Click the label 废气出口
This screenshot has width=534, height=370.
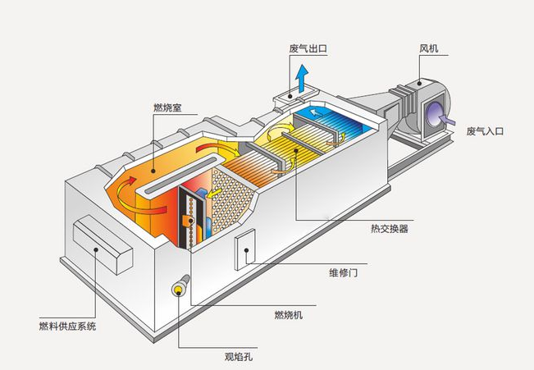point(308,48)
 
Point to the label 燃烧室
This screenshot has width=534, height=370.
point(167,107)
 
